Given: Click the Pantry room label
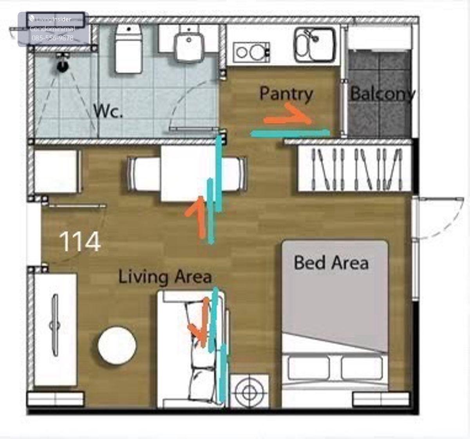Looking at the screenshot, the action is (x=286, y=94).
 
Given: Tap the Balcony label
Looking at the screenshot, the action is (x=382, y=94).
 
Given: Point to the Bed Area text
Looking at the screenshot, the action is (x=331, y=263).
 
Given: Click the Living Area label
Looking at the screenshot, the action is (x=165, y=276).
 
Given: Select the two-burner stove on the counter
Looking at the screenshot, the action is (x=251, y=52).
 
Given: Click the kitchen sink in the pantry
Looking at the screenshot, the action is (x=315, y=45).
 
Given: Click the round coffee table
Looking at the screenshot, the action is (x=117, y=345).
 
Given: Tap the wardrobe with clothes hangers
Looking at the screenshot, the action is (x=354, y=168).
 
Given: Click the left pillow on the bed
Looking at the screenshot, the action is (x=309, y=368).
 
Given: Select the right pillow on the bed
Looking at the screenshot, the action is (x=362, y=368).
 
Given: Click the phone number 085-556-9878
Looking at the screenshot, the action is (x=52, y=38).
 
